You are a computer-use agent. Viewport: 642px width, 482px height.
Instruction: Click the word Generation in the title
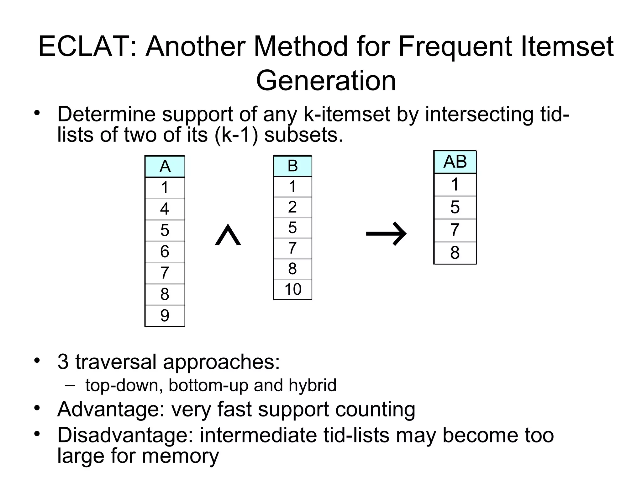pyautogui.click(x=326, y=81)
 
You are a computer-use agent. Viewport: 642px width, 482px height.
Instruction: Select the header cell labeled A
pyautogui.click(x=165, y=166)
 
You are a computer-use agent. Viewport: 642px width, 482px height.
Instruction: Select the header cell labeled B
pyautogui.click(x=292, y=166)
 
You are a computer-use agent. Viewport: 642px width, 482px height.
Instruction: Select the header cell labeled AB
pyautogui.click(x=455, y=162)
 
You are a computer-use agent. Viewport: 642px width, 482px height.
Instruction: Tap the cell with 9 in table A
pyautogui.click(x=165, y=316)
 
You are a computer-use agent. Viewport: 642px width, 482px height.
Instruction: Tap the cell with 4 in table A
pyautogui.click(x=165, y=209)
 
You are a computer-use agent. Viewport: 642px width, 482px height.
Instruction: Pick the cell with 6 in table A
pyautogui.click(x=165, y=252)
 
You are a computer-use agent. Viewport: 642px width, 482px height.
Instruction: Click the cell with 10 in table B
pyautogui.click(x=292, y=289)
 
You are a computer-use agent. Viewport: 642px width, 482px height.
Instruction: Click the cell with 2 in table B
pyautogui.click(x=292, y=207)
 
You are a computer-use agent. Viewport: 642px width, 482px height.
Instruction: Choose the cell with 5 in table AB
pyautogui.click(x=455, y=207)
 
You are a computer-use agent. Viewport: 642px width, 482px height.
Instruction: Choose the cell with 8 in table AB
pyautogui.click(x=455, y=253)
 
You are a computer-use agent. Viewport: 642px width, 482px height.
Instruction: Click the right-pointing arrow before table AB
pyautogui.click(x=386, y=233)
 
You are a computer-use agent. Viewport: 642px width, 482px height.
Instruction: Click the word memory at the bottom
pyautogui.click(x=180, y=456)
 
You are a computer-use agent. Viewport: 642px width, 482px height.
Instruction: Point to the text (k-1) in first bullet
pyautogui.click(x=236, y=135)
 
